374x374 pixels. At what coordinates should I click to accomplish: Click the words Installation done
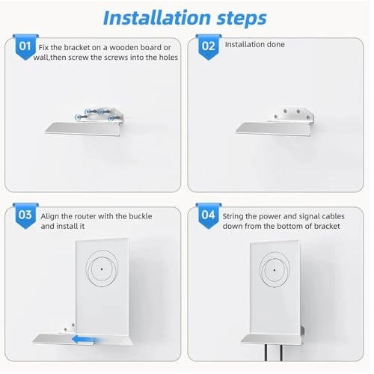[x=255, y=45]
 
